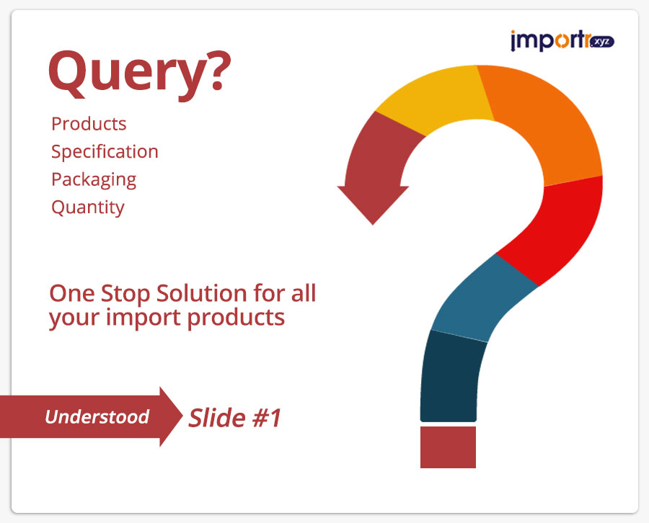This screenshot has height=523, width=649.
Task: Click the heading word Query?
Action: [x=139, y=74]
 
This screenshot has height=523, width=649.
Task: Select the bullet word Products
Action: [x=89, y=124]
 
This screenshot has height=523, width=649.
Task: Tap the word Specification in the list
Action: [x=105, y=152]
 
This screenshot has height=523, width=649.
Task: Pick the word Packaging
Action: [x=94, y=180]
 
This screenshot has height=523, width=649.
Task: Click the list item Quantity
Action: [x=88, y=207]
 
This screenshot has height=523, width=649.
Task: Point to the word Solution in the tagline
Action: [x=202, y=293]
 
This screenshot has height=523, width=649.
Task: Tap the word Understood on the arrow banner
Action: [x=97, y=417]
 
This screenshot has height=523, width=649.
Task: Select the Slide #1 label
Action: [x=234, y=418]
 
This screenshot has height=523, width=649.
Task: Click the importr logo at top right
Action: [x=562, y=40]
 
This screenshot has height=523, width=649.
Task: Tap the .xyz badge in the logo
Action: [x=602, y=42]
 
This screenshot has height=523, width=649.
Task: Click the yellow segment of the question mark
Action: [x=435, y=100]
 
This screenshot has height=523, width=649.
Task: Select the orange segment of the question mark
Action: [x=546, y=124]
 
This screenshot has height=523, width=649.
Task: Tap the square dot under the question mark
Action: [x=448, y=447]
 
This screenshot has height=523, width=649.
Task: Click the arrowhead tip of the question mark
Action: [x=373, y=225]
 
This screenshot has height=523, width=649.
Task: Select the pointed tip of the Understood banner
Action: [x=182, y=416]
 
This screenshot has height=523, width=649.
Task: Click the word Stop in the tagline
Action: [x=125, y=294]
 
